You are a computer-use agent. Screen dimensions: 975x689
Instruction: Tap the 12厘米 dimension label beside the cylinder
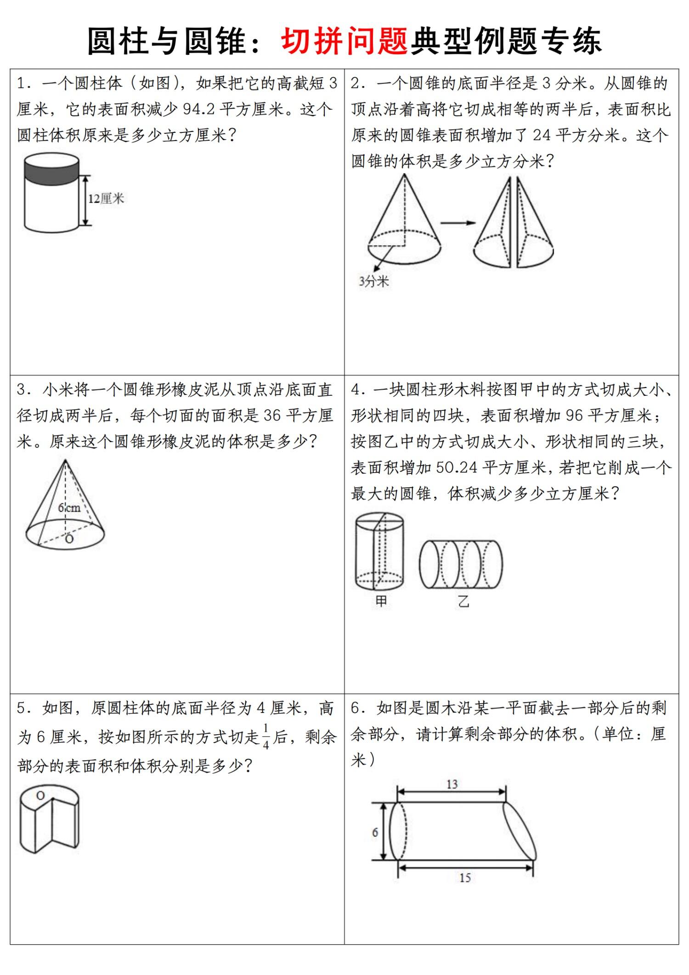(106, 199)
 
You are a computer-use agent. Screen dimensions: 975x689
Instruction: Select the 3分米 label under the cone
(374, 281)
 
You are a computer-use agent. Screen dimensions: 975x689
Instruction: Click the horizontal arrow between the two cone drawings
(457, 223)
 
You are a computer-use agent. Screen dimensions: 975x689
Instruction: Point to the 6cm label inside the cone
(69, 508)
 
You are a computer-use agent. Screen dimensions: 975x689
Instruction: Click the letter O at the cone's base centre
(69, 539)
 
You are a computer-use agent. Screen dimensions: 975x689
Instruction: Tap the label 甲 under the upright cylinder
(381, 601)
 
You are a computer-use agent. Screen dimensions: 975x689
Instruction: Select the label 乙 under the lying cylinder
(463, 601)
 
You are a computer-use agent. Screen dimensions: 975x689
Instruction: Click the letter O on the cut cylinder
(40, 796)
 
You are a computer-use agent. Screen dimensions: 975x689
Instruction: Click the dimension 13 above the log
(452, 784)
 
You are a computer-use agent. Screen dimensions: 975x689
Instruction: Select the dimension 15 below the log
(465, 878)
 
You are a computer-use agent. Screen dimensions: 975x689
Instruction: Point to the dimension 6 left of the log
(375, 832)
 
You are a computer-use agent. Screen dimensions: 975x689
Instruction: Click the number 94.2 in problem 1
(199, 109)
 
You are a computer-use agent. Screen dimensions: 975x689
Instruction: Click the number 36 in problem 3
(272, 416)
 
